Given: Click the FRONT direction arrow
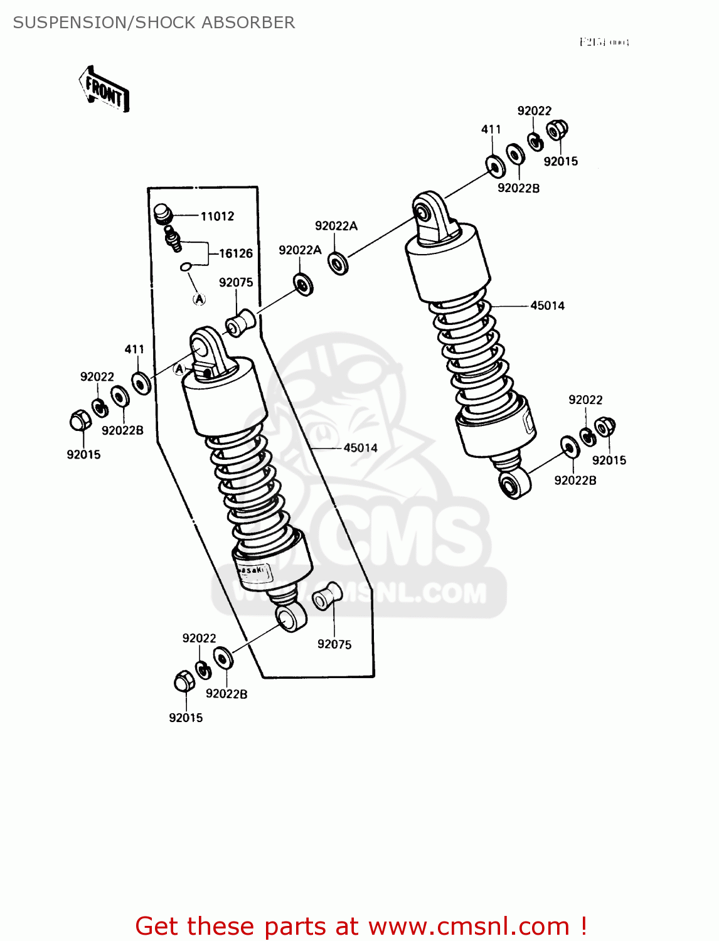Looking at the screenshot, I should click(x=105, y=90).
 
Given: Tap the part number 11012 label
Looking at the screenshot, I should click(x=217, y=216).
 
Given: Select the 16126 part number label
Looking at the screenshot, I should click(x=235, y=253).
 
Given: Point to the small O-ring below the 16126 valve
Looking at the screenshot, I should click(x=185, y=267).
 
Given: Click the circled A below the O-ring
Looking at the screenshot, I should click(x=199, y=299).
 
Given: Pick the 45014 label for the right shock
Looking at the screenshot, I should click(x=547, y=306).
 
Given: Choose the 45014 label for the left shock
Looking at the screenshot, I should click(x=360, y=448).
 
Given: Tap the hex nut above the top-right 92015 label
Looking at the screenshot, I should click(x=556, y=130).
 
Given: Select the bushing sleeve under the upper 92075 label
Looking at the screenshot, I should click(x=240, y=322).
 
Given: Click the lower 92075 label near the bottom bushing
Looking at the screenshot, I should click(x=334, y=644).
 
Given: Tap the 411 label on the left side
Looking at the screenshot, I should click(x=134, y=349).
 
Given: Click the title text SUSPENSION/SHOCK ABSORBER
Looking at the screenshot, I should click(x=154, y=23).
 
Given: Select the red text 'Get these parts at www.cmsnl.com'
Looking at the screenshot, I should click(x=361, y=926).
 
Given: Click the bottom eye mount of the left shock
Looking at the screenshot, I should click(x=290, y=617).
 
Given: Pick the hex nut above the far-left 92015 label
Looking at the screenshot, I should click(x=79, y=420).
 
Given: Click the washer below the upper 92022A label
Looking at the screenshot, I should click(x=338, y=263).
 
